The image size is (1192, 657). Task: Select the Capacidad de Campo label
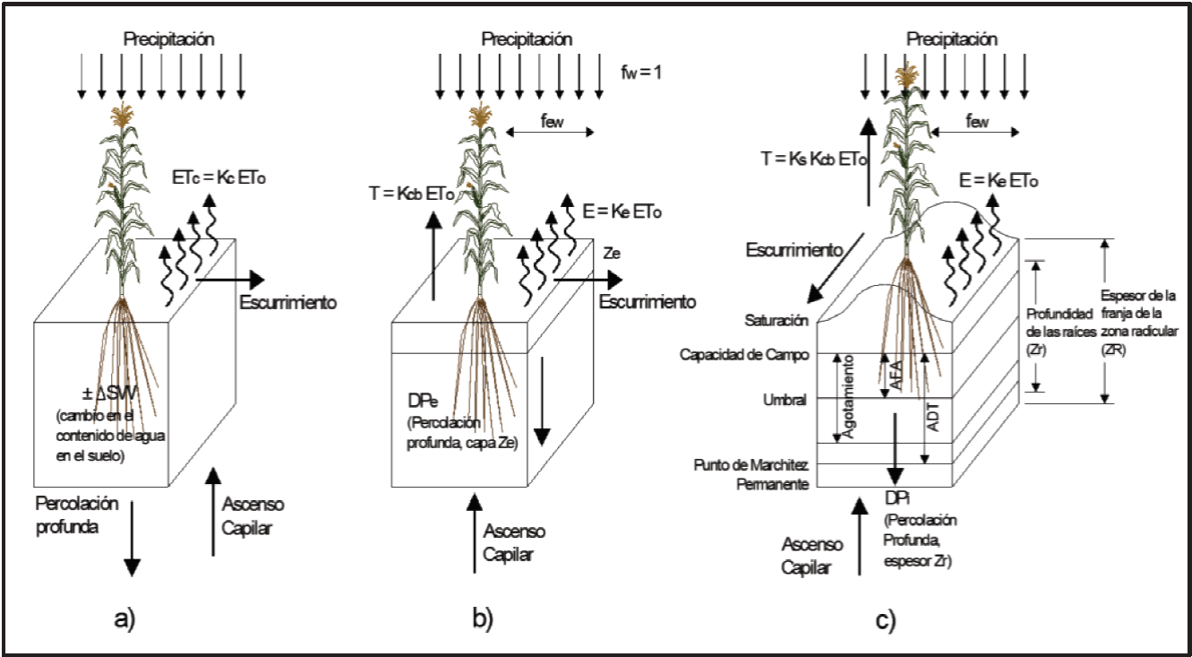tap(756, 353)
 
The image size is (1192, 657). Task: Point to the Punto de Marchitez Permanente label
tap(751, 475)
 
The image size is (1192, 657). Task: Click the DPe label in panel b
tap(422, 392)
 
